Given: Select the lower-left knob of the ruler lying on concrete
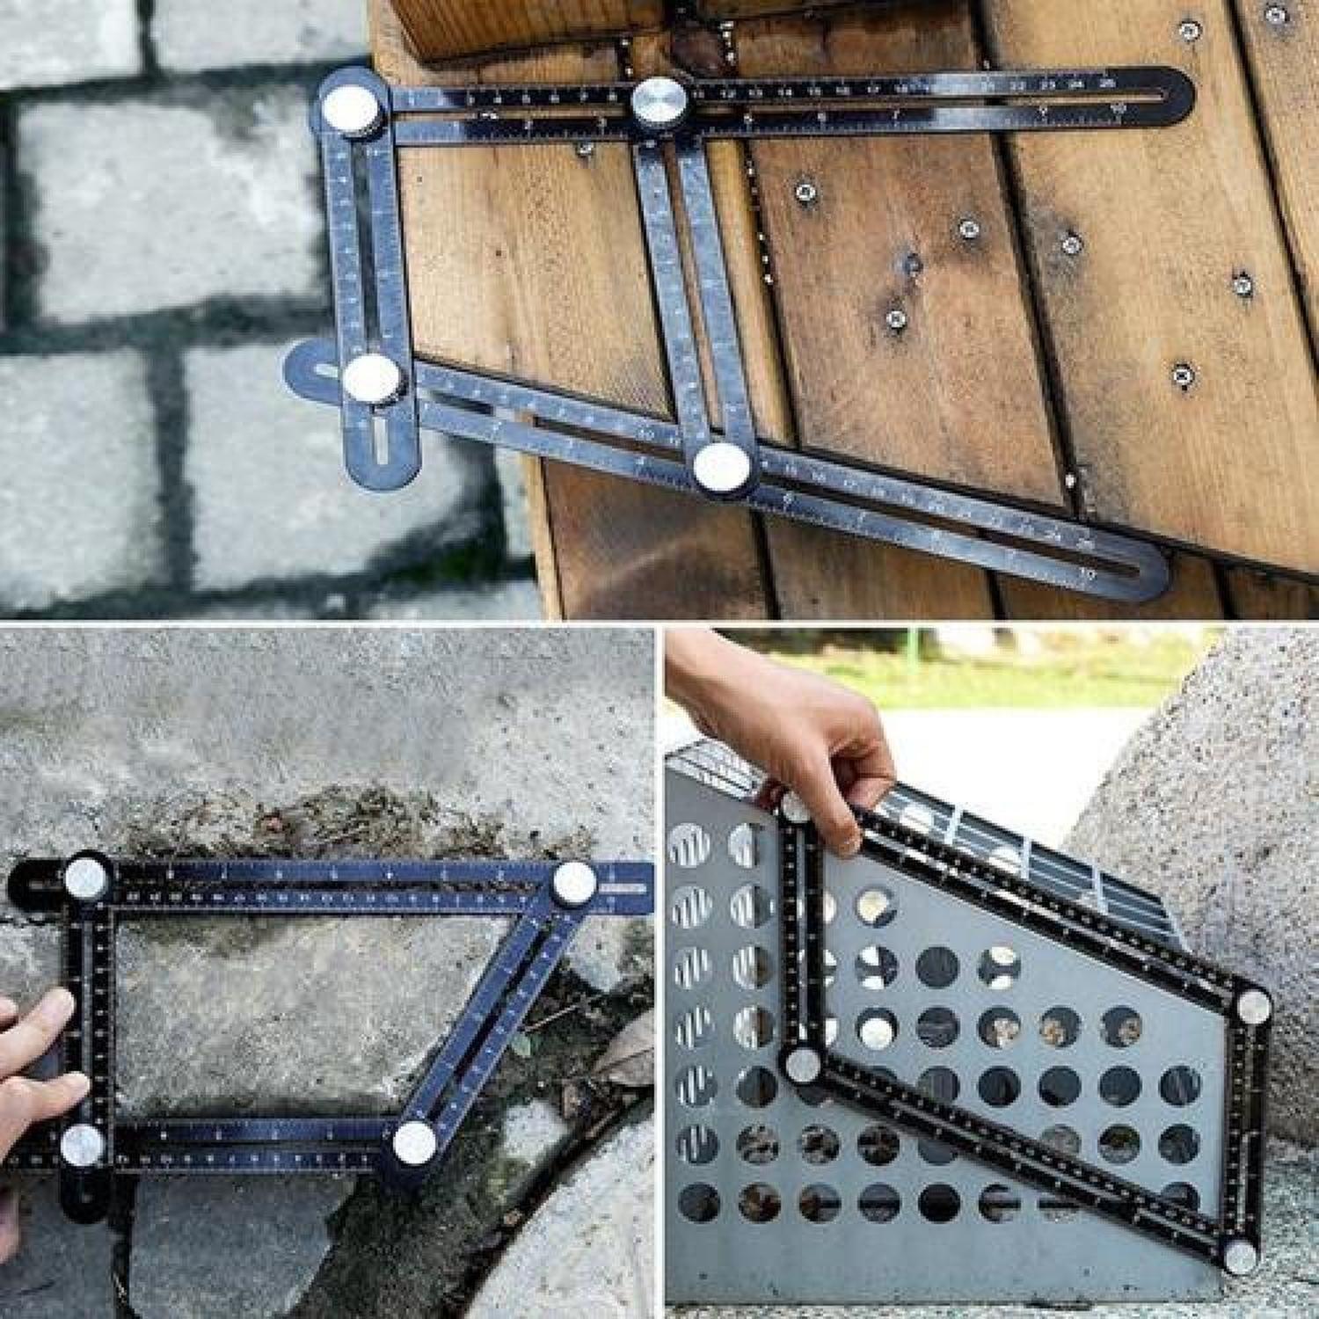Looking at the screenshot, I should click(x=83, y=1145).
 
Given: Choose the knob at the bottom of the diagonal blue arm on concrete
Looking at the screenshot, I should click(x=415, y=1142).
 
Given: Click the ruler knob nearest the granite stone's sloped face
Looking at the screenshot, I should click(x=1252, y=1006).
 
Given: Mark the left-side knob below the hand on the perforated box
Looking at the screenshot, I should click(x=802, y=1067).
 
